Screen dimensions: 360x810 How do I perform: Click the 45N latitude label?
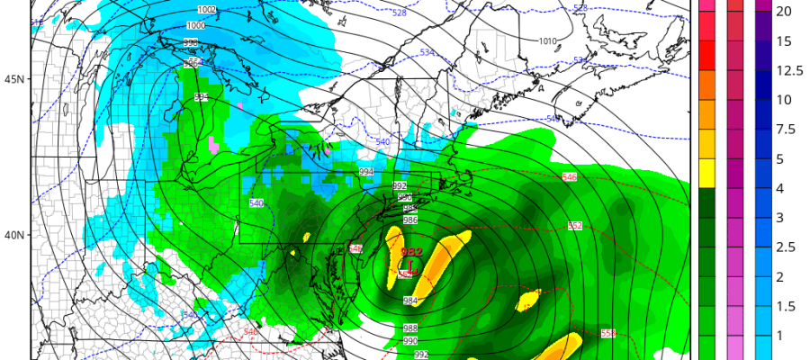pyautogui.click(x=13, y=79)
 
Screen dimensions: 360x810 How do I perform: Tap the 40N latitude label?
pyautogui.click(x=13, y=235)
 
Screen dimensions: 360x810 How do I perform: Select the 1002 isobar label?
pyautogui.click(x=207, y=9)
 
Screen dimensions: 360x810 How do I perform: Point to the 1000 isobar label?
pyautogui.click(x=195, y=25)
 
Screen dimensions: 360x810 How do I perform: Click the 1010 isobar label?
pyautogui.click(x=547, y=40)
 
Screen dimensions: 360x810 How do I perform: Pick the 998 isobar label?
pyautogui.click(x=191, y=42)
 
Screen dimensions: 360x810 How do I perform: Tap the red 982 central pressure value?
pyautogui.click(x=411, y=253)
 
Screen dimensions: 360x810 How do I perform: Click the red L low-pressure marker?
pyautogui.click(x=411, y=267)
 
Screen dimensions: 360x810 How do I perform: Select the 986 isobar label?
pyautogui.click(x=409, y=220)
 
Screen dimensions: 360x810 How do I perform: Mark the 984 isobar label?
pyautogui.click(x=409, y=301)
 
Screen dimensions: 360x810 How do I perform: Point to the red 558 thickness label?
pyautogui.click(x=608, y=334)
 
